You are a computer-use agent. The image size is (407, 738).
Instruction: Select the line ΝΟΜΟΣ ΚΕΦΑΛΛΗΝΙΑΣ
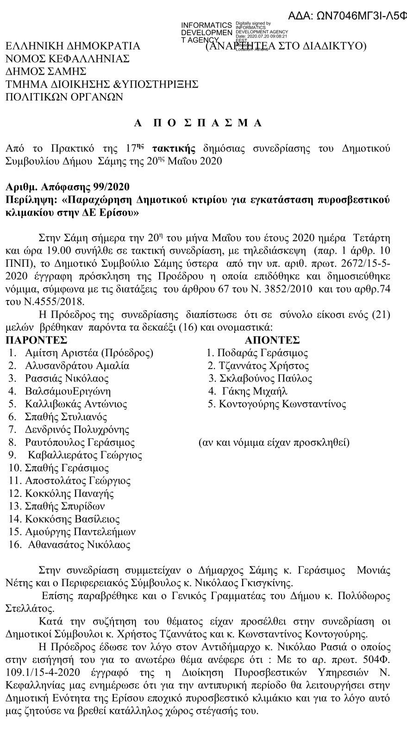[68, 59]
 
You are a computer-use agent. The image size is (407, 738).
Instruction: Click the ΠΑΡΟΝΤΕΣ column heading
[36, 340]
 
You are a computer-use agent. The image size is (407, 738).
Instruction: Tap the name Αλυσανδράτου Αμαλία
[77, 366]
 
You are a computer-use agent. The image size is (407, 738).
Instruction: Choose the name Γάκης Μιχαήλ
[255, 391]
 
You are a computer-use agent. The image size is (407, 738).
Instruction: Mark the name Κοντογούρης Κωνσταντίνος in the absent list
[282, 404]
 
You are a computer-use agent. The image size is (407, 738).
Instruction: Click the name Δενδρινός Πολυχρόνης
[77, 429]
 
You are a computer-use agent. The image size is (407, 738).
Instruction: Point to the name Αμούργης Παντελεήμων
[80, 532]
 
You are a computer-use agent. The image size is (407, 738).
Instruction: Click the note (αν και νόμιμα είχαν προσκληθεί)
[274, 442]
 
